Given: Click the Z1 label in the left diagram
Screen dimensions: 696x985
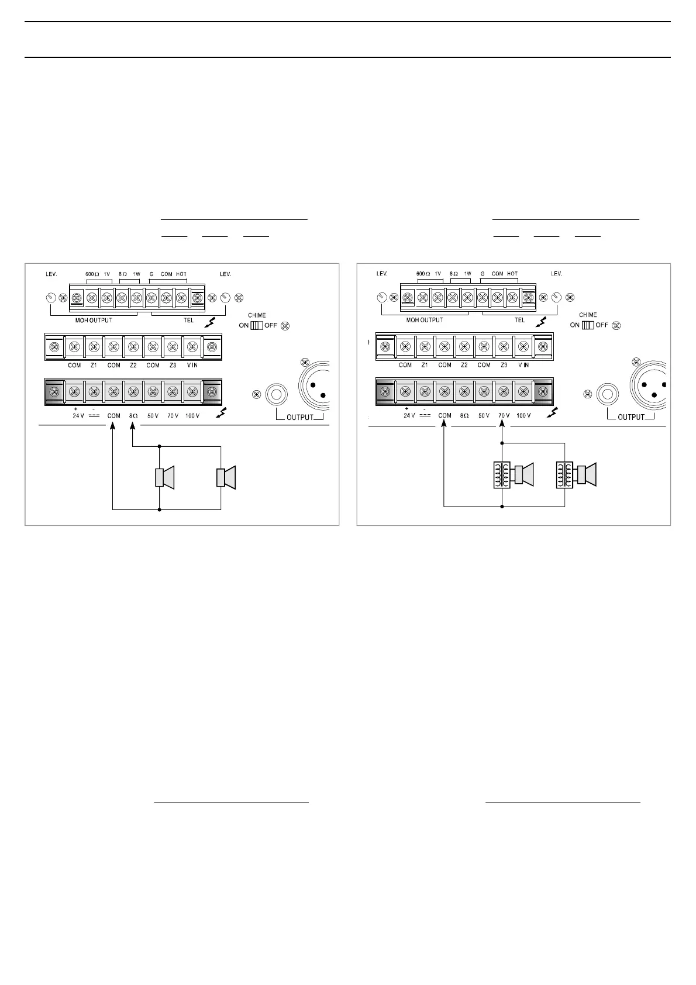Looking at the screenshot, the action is [94, 365].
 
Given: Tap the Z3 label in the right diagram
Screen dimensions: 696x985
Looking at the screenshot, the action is [504, 365].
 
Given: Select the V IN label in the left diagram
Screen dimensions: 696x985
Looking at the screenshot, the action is [192, 365].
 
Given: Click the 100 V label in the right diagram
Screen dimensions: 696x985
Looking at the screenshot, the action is [523, 415].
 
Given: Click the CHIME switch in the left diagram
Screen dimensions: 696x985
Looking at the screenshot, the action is [256, 325].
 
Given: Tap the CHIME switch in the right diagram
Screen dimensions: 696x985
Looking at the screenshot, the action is [588, 325].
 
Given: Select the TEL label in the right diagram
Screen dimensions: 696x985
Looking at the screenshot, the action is [519, 320].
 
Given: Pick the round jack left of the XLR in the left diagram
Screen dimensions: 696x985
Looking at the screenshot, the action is [275, 394].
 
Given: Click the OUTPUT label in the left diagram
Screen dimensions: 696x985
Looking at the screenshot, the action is [299, 418].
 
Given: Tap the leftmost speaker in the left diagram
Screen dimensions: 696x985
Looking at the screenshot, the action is [164, 478].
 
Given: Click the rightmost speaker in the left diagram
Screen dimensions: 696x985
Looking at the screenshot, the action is [226, 477].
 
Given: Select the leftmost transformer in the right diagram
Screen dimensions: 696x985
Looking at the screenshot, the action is [501, 476].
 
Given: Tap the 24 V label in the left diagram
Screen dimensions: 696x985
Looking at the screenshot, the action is [78, 415].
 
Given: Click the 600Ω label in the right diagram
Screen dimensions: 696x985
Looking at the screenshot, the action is [423, 274].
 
